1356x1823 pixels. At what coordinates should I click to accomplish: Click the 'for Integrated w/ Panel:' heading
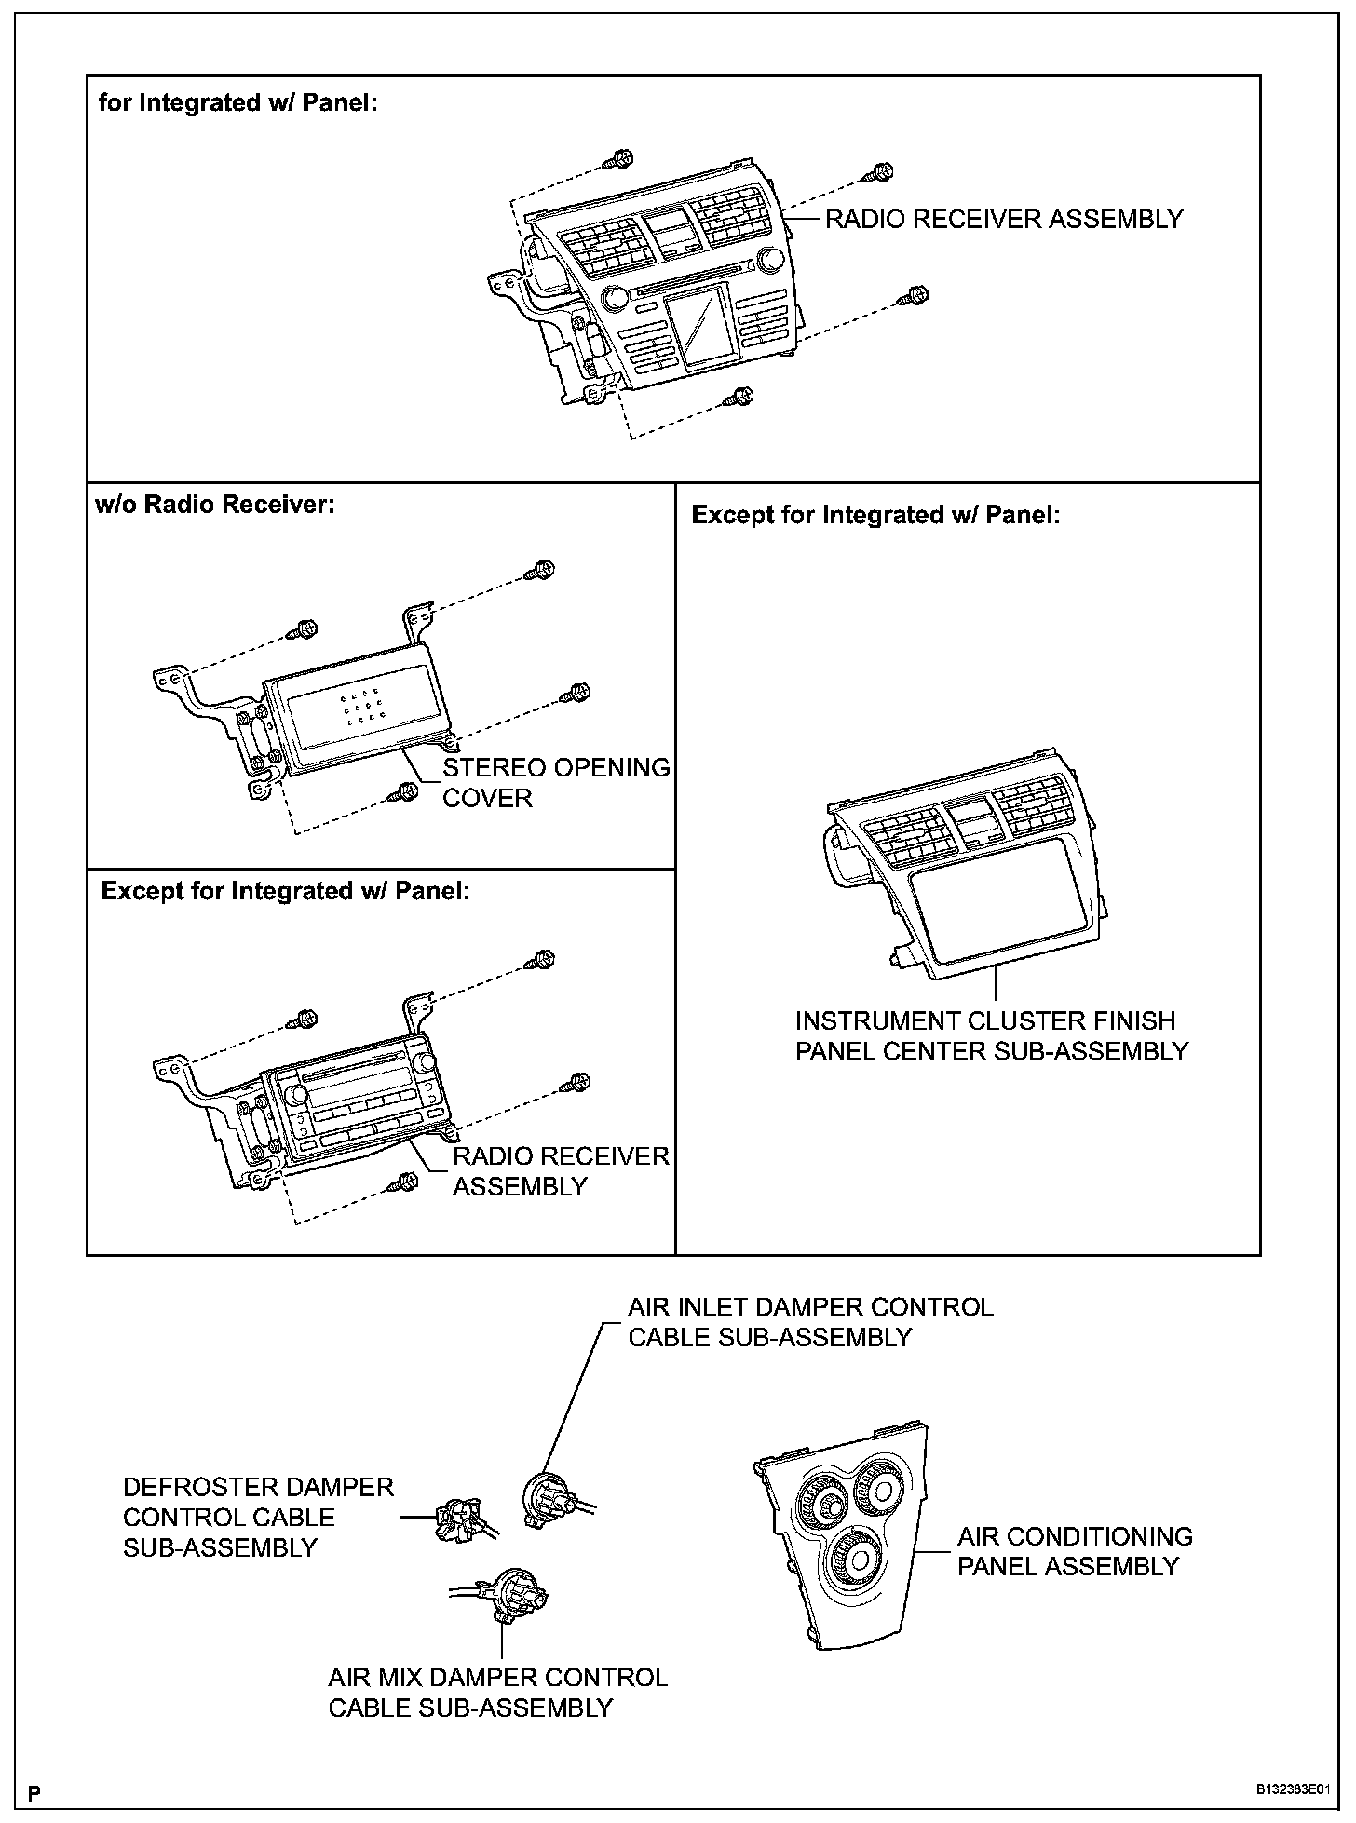click(x=237, y=102)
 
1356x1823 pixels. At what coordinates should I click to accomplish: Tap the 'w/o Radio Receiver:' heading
click(x=214, y=505)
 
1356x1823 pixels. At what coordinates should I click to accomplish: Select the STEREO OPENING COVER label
click(x=555, y=783)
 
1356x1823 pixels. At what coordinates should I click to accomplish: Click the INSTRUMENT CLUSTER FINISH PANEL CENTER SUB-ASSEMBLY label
click(x=991, y=1036)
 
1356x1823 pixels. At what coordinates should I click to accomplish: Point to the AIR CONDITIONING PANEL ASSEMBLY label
click(x=1075, y=1551)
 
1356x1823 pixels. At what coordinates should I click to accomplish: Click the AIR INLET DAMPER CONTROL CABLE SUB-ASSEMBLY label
click(x=809, y=1322)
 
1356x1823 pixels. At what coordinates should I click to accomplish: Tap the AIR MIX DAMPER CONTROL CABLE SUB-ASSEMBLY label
click(x=497, y=1693)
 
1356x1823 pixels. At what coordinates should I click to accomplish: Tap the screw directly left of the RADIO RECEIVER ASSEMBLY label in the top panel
click(x=876, y=173)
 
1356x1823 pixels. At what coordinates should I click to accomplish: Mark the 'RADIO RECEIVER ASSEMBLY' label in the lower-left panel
click(x=561, y=1171)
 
